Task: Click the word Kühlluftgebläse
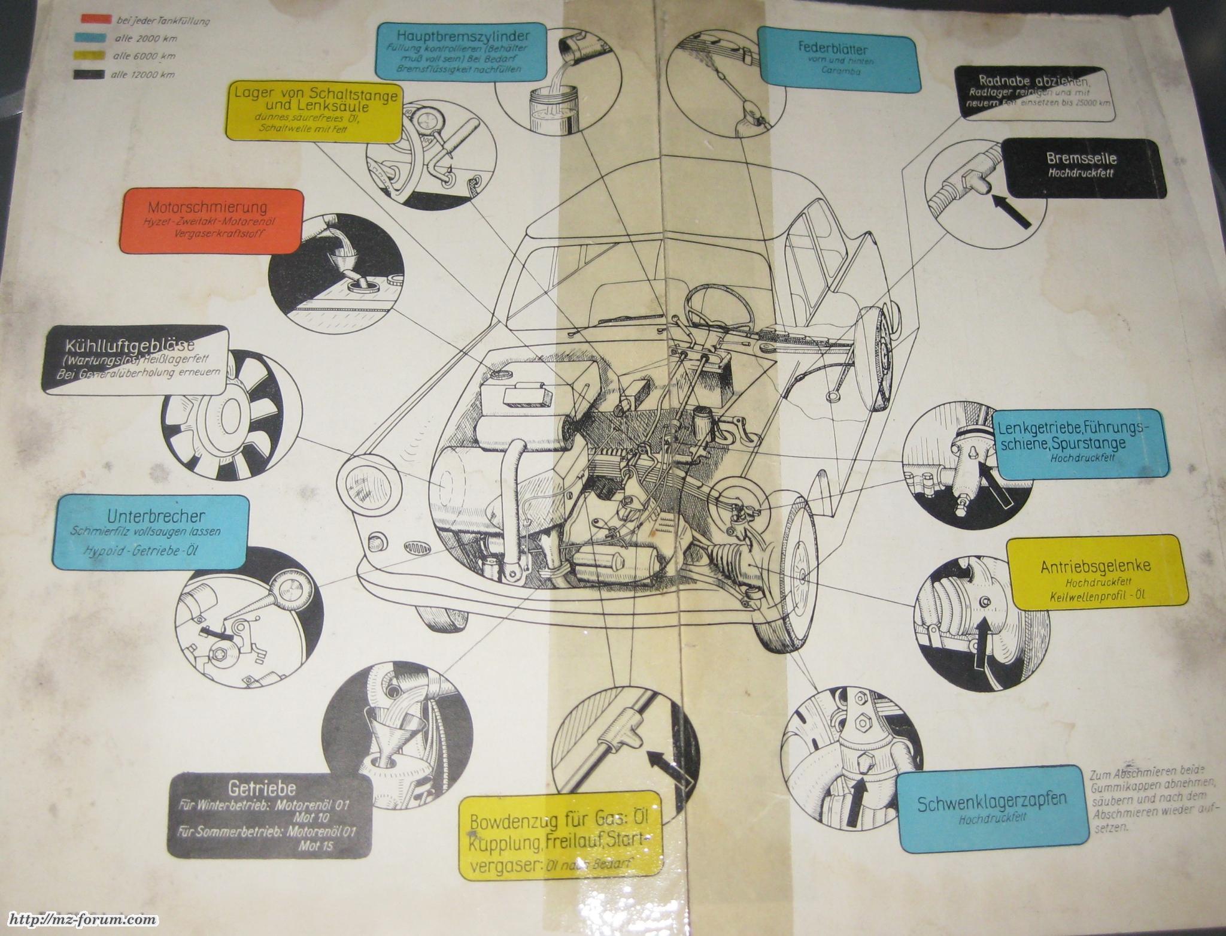[x=130, y=347]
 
